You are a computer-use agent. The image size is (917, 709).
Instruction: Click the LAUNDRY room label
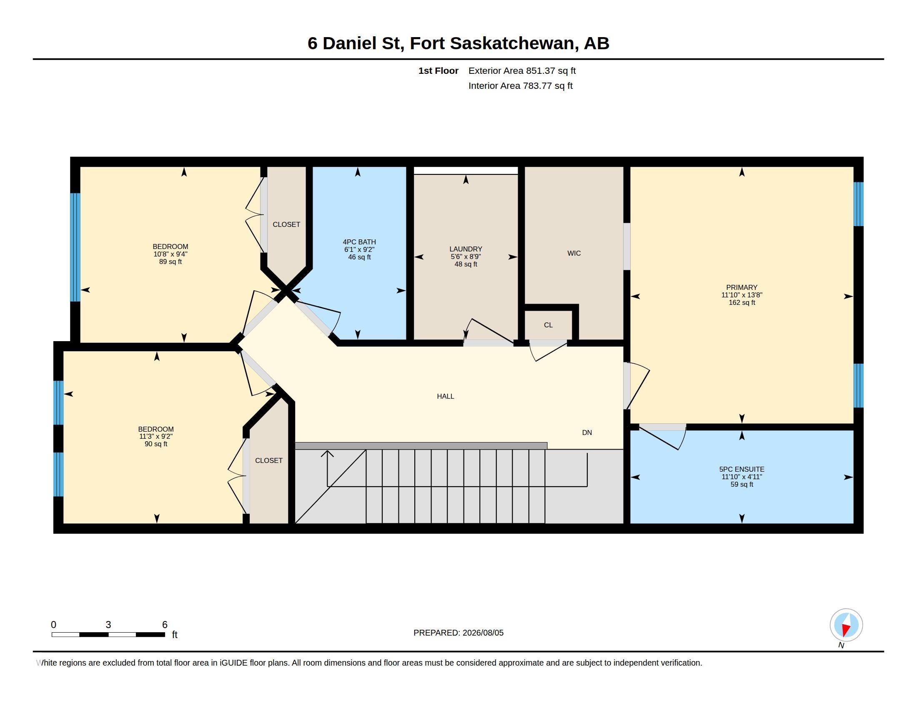pyautogui.click(x=466, y=249)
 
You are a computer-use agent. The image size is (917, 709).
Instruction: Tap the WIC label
pyautogui.click(x=574, y=253)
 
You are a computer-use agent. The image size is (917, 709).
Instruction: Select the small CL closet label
pyautogui.click(x=549, y=325)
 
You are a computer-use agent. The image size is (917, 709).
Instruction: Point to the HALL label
pyautogui.click(x=446, y=396)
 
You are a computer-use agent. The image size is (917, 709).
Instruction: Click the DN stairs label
pyautogui.click(x=587, y=432)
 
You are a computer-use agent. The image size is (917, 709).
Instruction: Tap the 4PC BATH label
pyautogui.click(x=359, y=242)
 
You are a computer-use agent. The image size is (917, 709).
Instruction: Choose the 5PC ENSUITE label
pyautogui.click(x=742, y=469)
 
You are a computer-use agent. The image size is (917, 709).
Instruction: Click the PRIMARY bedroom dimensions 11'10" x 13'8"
pyautogui.click(x=742, y=295)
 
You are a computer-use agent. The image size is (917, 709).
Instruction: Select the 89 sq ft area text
pyautogui.click(x=170, y=261)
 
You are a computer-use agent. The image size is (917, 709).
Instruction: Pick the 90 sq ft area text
pyautogui.click(x=156, y=444)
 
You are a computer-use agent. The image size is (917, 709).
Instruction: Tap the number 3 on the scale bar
pyautogui.click(x=108, y=625)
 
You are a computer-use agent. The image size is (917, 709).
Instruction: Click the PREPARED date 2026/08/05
pyautogui.click(x=483, y=633)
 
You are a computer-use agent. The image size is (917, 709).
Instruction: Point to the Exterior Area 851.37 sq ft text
pyautogui.click(x=522, y=70)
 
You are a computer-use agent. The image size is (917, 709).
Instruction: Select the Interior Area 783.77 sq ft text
pyautogui.click(x=521, y=85)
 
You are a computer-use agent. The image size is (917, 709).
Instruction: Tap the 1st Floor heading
pyautogui.click(x=438, y=70)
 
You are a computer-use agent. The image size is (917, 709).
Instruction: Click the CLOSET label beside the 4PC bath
pyautogui.click(x=286, y=225)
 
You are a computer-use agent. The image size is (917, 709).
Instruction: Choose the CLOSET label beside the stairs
pyautogui.click(x=269, y=460)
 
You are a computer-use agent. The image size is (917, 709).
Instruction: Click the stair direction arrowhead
pyautogui.click(x=328, y=454)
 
